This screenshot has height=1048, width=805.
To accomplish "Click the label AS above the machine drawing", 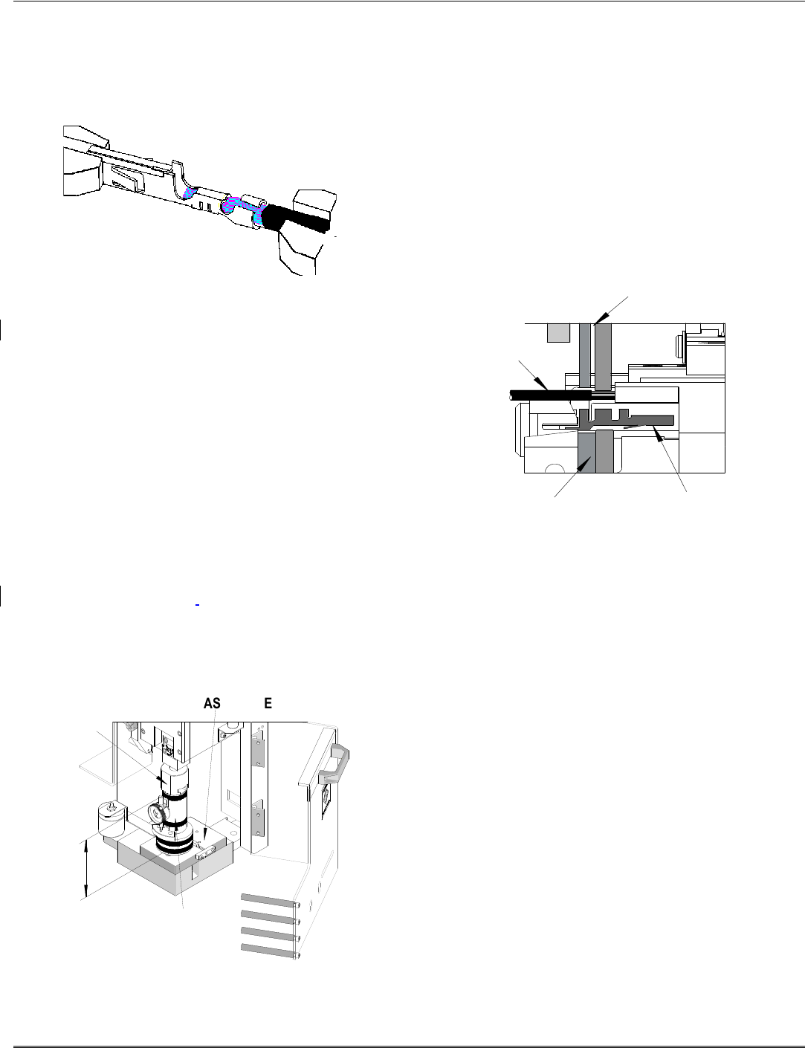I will [x=212, y=703].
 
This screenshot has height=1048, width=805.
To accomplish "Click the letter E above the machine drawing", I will [x=268, y=703].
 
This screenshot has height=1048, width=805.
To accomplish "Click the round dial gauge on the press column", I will [x=157, y=814].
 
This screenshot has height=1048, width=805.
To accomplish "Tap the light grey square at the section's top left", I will [x=557, y=332].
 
